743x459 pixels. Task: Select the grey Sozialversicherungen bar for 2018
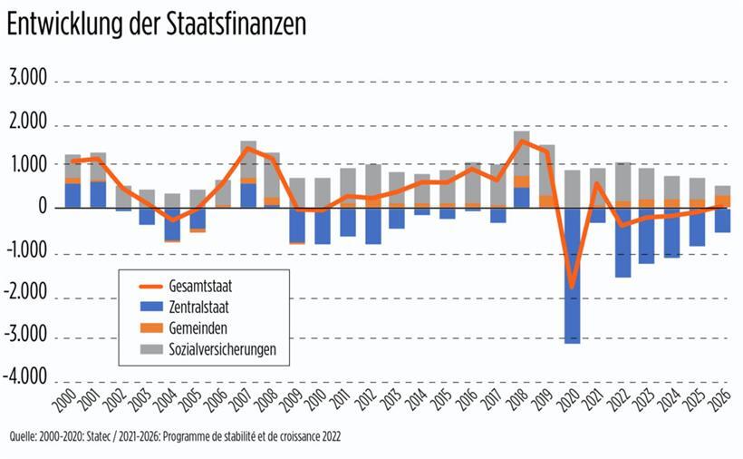521,153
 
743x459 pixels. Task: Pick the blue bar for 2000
72,195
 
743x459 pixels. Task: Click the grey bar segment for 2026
722,190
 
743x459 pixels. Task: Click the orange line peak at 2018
522,141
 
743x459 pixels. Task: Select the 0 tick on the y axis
42,208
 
